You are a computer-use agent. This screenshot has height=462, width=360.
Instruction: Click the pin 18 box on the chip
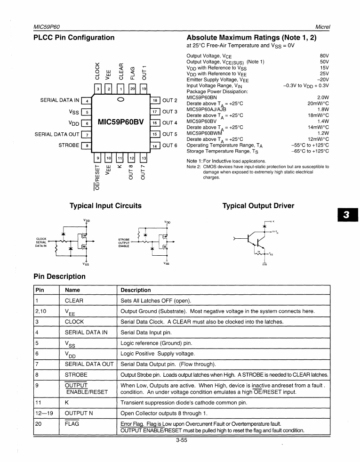155,100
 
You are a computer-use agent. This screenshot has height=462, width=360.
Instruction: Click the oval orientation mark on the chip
120,100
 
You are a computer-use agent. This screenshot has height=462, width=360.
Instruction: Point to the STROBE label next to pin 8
69,146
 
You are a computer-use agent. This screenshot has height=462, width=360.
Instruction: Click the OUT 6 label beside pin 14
170,146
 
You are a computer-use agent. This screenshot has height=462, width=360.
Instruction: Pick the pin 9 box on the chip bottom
98,158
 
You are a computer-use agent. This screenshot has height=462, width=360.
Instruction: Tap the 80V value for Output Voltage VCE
324,56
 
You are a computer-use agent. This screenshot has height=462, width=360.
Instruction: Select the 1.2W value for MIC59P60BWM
323,133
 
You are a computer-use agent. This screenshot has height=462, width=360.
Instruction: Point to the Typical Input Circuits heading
105,206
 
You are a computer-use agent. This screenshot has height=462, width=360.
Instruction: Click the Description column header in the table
136,290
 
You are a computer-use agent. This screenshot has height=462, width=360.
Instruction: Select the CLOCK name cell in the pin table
74,322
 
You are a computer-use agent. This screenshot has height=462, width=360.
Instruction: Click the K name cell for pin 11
67,403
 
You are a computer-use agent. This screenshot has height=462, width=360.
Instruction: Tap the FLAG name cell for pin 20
72,423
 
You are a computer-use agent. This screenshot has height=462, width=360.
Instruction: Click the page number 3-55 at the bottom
181,441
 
